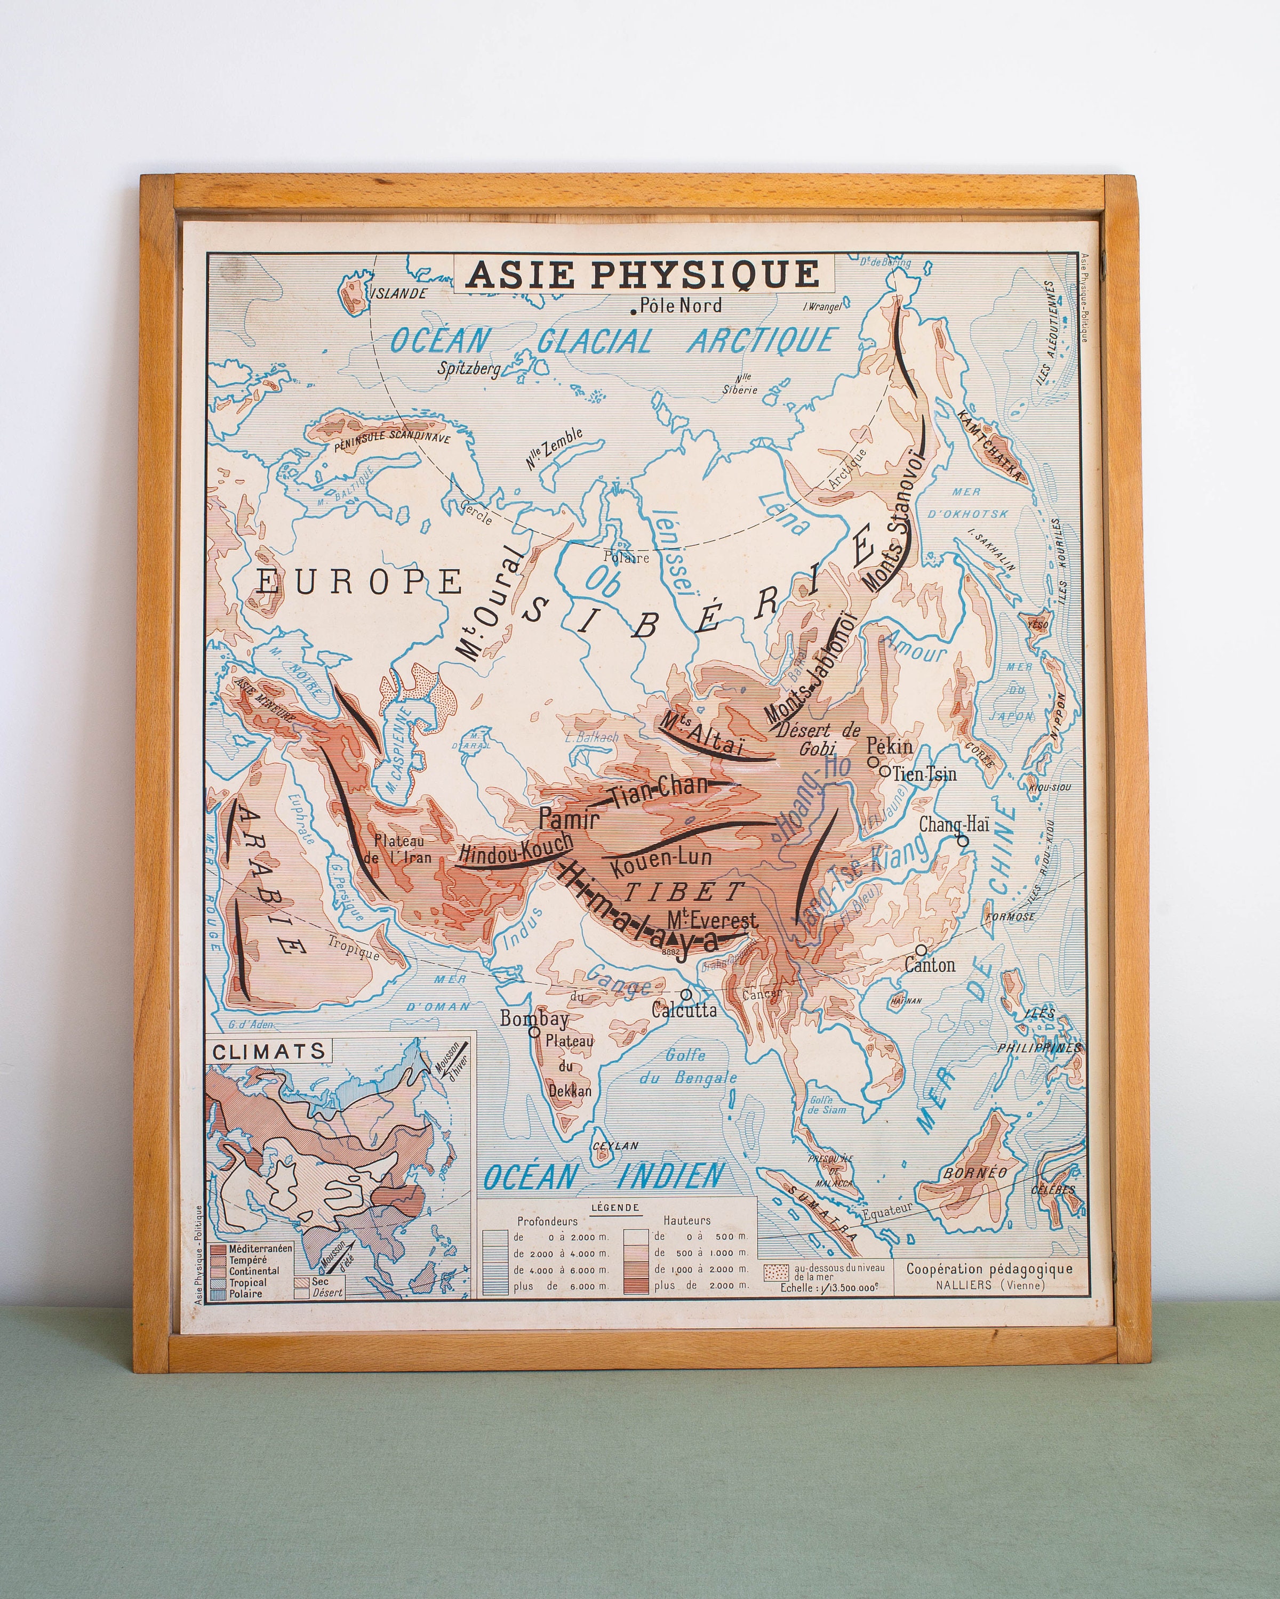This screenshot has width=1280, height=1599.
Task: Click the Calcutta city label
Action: (x=684, y=1010)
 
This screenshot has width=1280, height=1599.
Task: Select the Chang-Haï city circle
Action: (x=963, y=841)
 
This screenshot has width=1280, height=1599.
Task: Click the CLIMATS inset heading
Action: (x=269, y=1051)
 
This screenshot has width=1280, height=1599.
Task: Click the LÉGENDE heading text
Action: (x=615, y=1207)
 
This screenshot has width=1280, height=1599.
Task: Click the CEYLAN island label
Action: (x=615, y=1146)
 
